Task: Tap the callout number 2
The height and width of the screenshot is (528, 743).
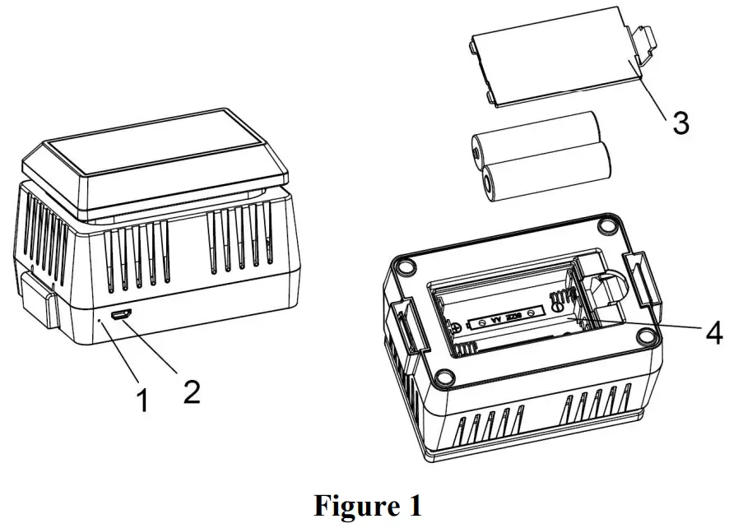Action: [x=191, y=390]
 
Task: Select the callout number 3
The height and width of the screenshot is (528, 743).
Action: [x=680, y=123]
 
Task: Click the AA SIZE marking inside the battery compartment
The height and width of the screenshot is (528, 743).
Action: [x=501, y=317]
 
